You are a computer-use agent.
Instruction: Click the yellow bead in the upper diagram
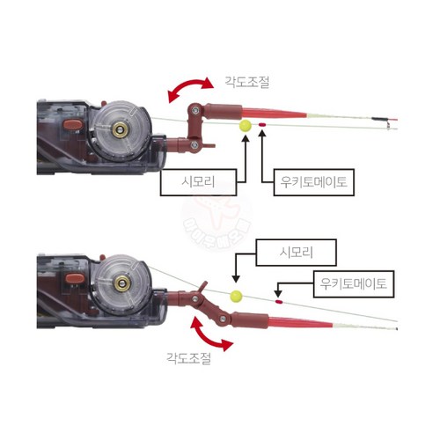coord(245,126)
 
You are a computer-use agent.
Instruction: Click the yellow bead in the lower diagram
coord(236,296)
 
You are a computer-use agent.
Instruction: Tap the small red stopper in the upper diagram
coord(262,125)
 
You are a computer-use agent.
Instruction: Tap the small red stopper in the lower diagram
coord(278,301)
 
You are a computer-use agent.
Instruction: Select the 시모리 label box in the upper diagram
coord(198,182)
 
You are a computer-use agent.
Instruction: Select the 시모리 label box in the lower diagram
coord(296,253)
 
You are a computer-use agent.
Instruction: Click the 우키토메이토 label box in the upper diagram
coord(314,182)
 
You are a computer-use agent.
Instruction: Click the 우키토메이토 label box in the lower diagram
coord(354,284)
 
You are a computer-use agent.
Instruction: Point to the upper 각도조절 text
coord(246,82)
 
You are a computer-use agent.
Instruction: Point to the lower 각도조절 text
coord(188,358)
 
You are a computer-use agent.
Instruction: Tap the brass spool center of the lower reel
coord(121,283)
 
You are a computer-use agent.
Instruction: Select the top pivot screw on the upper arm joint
coord(195,110)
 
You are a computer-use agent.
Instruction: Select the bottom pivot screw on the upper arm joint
coord(194,144)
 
